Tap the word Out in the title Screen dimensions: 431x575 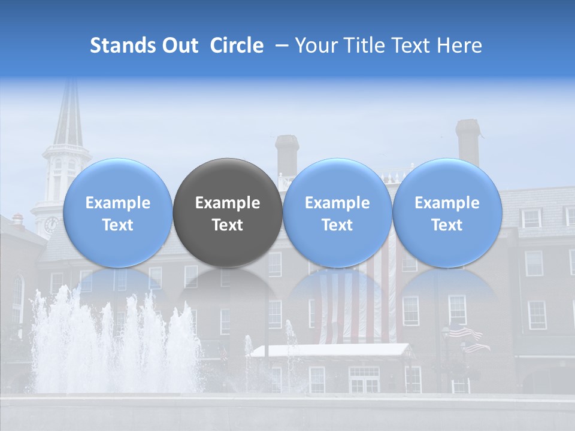pyautogui.click(x=178, y=45)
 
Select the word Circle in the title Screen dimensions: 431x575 pyautogui.click(x=237, y=45)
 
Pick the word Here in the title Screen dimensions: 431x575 pyautogui.click(x=459, y=45)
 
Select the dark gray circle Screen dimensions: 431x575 pyautogui.click(x=228, y=213)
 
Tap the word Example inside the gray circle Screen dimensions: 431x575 pyautogui.click(x=228, y=203)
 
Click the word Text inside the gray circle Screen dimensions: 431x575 pyautogui.click(x=228, y=225)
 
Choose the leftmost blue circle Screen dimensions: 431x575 pyautogui.click(x=117, y=213)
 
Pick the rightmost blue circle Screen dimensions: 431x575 pyautogui.click(x=447, y=213)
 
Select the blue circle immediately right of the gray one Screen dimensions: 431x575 pyautogui.click(x=337, y=213)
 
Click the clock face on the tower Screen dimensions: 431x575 pyautogui.click(x=51, y=224)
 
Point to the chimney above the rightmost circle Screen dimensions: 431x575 pyautogui.click(x=468, y=141)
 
